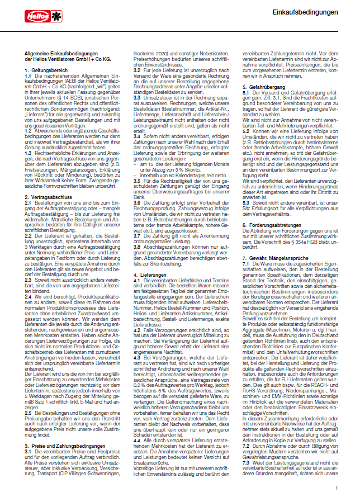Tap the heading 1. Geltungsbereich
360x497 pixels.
point(44,71)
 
